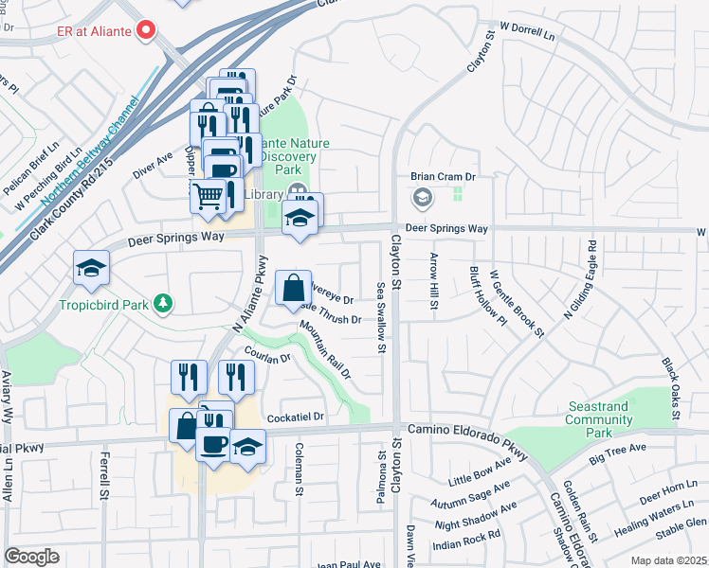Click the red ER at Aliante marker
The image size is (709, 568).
click(146, 31)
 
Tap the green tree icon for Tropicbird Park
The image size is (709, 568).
click(165, 302)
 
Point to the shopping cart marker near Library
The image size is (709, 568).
click(209, 196)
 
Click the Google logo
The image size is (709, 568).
click(31, 557)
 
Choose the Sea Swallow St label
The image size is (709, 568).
click(381, 317)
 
